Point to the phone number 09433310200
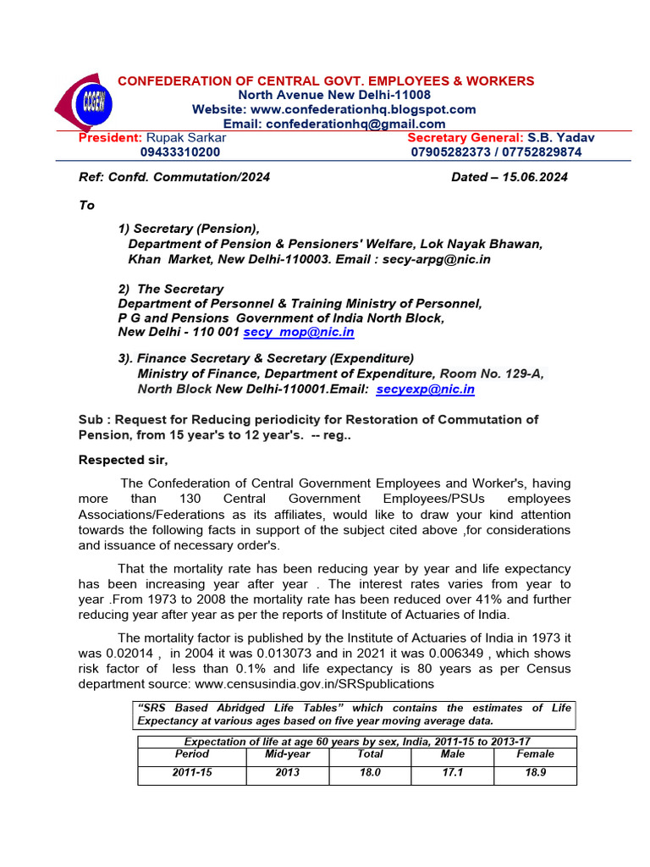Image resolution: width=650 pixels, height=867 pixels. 180,152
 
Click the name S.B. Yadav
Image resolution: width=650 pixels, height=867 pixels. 561,137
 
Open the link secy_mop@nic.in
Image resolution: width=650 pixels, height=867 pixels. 299,333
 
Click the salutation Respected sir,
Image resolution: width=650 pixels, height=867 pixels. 124,460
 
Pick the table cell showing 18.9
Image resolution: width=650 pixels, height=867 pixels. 536,773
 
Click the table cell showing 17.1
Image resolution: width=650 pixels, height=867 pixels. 453,773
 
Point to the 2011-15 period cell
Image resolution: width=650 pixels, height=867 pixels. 191,773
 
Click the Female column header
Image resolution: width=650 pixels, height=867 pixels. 536,754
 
